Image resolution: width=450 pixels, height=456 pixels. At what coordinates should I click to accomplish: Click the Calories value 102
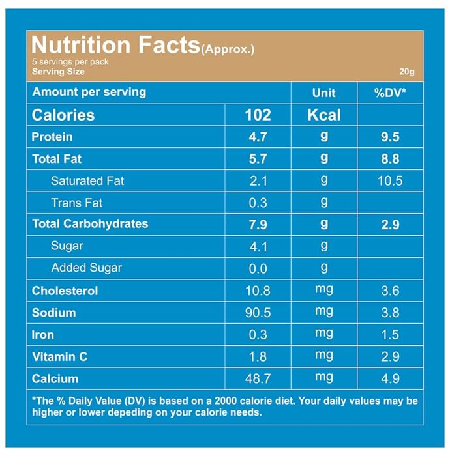click(258, 115)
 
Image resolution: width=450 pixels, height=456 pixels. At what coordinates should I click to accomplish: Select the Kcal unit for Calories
click(324, 115)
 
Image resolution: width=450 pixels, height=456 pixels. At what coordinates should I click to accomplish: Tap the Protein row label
click(52, 137)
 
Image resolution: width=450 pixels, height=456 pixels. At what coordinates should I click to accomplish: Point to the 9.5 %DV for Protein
click(390, 137)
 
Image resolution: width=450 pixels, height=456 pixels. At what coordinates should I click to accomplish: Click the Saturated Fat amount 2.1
click(258, 181)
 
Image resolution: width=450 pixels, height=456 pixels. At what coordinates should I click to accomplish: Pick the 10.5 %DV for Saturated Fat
click(390, 181)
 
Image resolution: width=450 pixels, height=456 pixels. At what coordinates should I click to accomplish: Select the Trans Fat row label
click(76, 203)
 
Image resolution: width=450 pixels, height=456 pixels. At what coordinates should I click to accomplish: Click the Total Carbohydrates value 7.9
click(258, 225)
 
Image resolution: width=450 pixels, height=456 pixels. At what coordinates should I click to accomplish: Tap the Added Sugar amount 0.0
click(258, 268)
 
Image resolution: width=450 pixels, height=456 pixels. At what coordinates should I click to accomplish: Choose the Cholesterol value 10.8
click(258, 291)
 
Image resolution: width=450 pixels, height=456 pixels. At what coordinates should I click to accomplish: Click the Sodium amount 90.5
click(258, 313)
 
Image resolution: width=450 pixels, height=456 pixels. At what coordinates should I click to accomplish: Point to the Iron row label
click(43, 335)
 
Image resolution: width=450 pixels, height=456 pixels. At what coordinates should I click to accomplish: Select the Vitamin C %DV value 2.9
click(390, 357)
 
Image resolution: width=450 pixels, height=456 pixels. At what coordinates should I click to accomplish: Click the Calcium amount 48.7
click(258, 378)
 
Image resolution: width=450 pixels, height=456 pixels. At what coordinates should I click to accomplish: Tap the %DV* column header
click(390, 93)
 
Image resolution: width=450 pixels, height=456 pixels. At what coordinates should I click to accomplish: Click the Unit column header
click(324, 93)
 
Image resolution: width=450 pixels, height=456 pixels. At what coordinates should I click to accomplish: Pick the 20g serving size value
click(407, 72)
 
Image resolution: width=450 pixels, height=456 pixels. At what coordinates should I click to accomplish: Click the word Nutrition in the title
click(81, 46)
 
